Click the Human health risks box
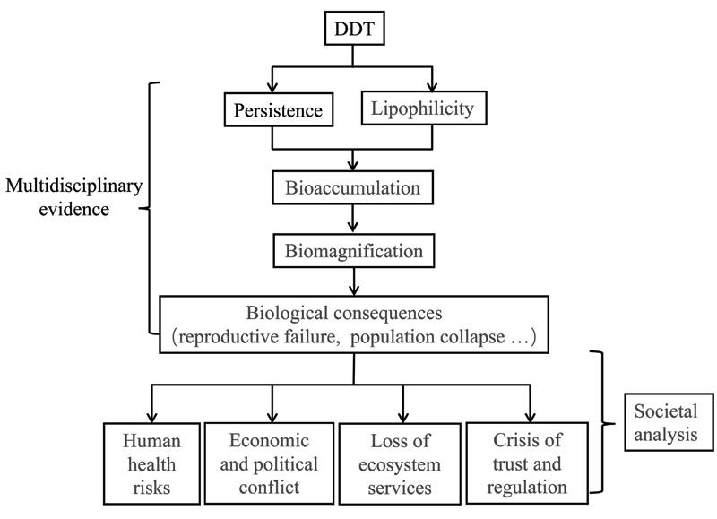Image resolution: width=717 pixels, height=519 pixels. coord(151,463)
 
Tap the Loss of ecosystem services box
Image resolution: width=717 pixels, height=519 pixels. coord(402,463)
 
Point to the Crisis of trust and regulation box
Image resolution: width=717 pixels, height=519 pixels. coord(530,463)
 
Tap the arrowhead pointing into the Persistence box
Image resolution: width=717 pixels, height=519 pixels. coord(278,89)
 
